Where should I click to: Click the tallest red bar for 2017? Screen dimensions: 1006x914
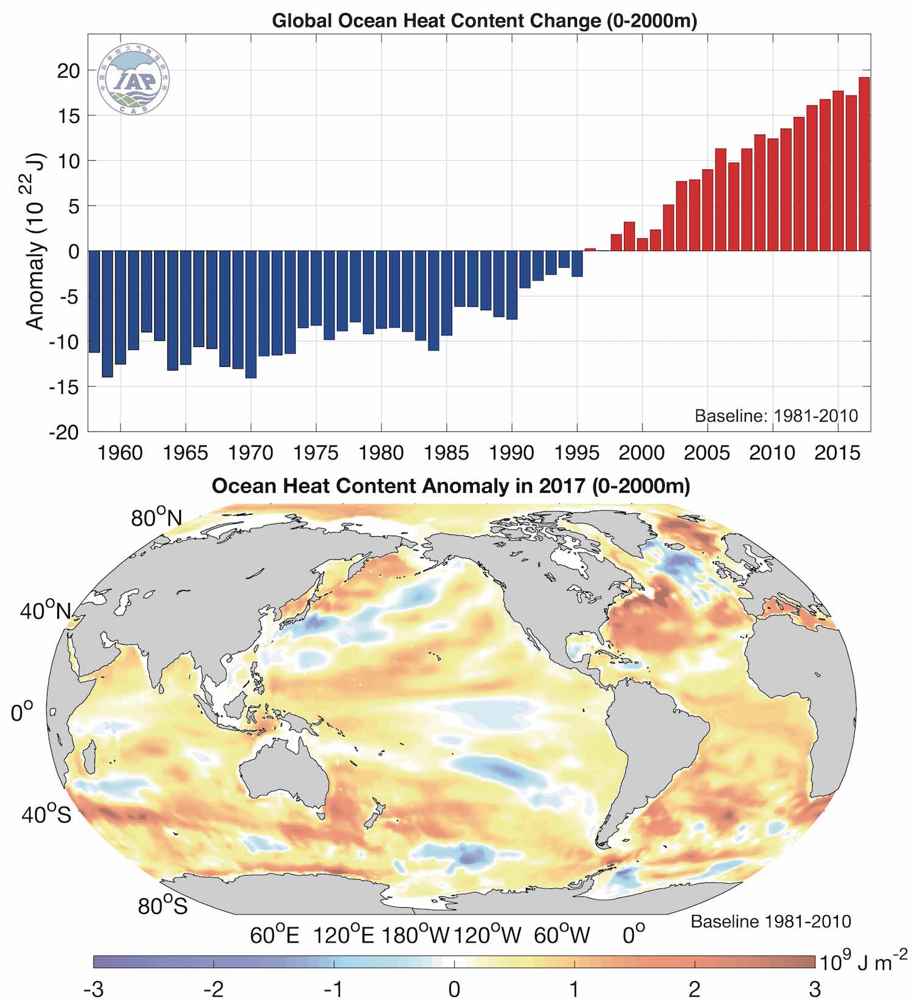click(864, 165)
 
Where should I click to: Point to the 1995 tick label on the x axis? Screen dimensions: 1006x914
click(577, 453)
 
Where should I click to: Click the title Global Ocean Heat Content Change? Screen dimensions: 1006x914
click(484, 21)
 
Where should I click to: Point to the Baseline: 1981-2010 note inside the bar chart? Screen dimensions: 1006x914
click(776, 416)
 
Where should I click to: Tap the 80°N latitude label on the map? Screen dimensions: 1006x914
click(157, 517)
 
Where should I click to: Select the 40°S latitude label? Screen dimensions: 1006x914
click(46, 814)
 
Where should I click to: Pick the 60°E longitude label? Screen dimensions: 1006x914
click(275, 935)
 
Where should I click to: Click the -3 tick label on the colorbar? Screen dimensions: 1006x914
click(93, 989)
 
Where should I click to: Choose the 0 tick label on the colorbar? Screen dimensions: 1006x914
click(454, 989)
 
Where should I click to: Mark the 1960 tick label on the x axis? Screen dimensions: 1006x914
click(120, 453)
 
